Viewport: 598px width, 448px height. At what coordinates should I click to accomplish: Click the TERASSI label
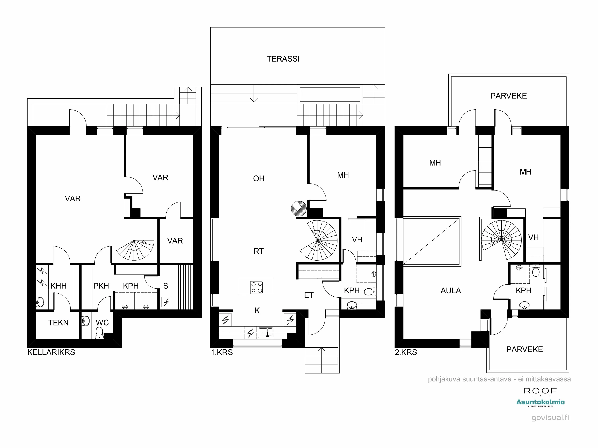coord(283,59)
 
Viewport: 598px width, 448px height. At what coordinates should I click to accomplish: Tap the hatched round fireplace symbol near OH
coord(298,208)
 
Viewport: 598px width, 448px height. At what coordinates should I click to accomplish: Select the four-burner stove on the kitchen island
coord(257,287)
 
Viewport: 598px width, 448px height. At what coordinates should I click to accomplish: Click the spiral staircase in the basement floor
coord(135,250)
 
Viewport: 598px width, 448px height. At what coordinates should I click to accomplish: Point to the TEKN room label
coord(58,323)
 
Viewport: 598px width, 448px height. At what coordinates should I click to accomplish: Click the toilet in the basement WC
coord(99,332)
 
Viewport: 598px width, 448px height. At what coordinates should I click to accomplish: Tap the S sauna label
coord(166,286)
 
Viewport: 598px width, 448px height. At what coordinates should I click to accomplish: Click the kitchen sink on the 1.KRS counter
coord(266,333)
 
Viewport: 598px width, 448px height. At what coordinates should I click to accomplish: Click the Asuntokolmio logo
coord(540,402)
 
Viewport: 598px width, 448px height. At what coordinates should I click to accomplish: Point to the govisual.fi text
coord(550,418)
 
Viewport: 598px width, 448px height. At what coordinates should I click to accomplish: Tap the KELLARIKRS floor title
coord(51,352)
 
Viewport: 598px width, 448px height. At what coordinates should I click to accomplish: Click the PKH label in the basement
coord(101,286)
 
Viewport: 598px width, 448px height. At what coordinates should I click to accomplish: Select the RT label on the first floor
coord(259,251)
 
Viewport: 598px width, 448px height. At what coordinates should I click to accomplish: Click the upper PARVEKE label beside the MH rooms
coord(508,96)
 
